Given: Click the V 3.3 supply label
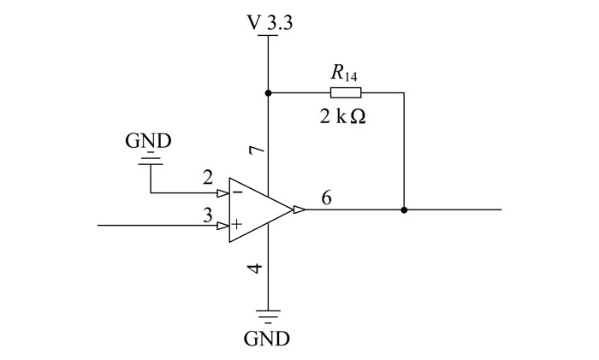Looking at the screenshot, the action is click(270, 22).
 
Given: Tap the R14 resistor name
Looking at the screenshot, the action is click(344, 73).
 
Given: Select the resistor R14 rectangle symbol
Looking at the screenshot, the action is click(346, 92).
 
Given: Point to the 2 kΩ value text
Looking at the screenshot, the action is click(342, 116).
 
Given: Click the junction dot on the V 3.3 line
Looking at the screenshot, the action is click(268, 92).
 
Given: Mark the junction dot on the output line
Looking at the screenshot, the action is click(404, 210).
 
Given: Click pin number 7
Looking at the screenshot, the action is click(257, 150).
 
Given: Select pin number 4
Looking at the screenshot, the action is click(255, 269).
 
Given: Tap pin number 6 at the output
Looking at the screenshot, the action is click(326, 198).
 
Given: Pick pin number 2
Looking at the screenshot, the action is click(208, 178).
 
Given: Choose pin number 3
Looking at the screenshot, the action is click(207, 215).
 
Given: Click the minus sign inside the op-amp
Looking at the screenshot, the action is click(238, 192).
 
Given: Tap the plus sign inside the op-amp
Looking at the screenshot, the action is click(237, 224).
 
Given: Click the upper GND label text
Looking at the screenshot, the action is click(148, 141).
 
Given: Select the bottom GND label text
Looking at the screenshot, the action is click(267, 339).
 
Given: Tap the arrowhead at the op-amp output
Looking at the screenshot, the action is click(299, 210).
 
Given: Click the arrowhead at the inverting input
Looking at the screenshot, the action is click(223, 193).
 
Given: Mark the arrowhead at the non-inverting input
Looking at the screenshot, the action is click(223, 226).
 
